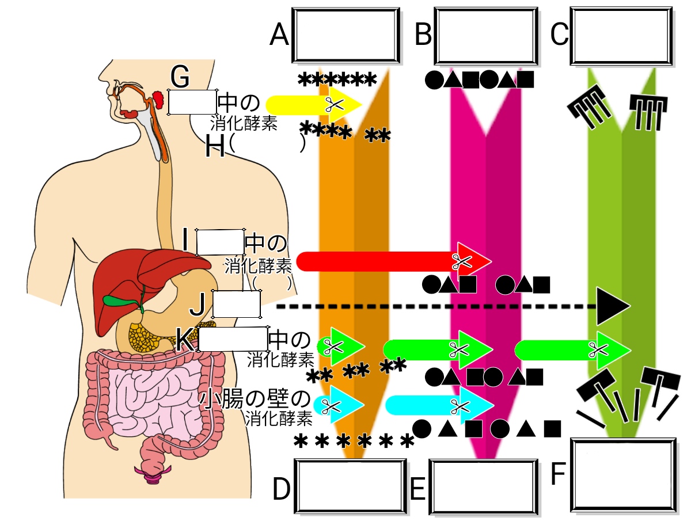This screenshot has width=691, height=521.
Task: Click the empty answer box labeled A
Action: point(346,35)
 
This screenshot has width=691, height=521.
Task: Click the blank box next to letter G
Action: point(192,102)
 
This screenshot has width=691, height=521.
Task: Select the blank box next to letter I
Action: point(220,242)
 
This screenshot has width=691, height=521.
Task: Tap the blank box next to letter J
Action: point(237,305)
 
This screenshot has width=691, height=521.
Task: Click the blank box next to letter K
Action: point(233,339)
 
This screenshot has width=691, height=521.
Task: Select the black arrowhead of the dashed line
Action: point(612,307)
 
